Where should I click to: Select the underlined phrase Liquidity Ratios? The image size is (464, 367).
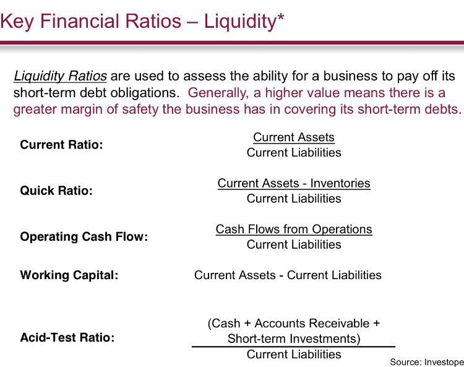point(60,77)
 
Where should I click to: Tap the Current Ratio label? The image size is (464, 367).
point(61,145)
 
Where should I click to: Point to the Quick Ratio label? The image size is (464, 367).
point(56,191)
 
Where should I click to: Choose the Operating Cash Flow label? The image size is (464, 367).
point(84,237)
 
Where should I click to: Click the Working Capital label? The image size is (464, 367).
point(69,275)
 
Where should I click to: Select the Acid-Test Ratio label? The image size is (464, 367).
point(67,339)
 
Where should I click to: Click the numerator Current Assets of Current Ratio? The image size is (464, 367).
point(294,137)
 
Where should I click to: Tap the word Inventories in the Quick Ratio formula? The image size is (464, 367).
point(340,183)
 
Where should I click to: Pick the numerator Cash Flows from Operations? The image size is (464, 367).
point(294,229)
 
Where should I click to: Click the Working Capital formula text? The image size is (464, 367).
point(288,275)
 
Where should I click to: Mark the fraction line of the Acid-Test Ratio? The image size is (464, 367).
point(293,347)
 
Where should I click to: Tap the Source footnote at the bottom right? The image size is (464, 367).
point(426,361)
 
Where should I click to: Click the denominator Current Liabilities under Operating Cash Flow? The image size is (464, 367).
point(294,244)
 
